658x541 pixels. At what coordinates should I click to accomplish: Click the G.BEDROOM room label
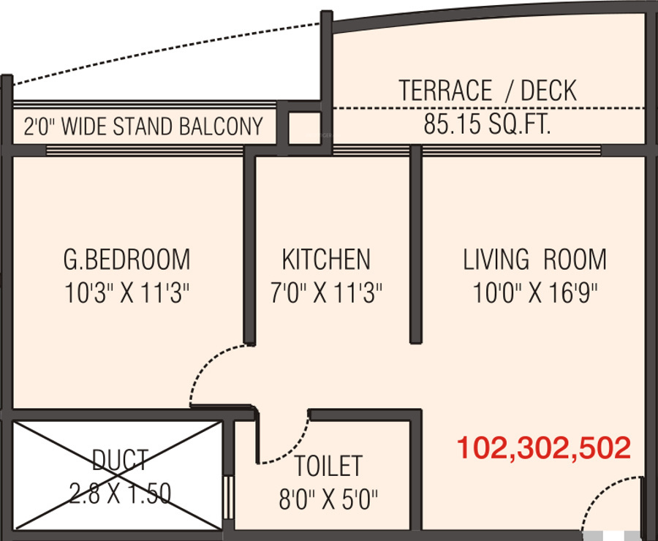coord(127,260)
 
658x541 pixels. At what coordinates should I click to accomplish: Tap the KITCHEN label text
coord(326,260)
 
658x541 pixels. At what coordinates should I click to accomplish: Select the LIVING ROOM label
coord(534,260)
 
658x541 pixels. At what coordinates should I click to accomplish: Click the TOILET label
coord(328,466)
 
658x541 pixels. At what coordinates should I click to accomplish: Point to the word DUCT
coord(121,461)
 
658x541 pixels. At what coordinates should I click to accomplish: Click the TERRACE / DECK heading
coord(487,91)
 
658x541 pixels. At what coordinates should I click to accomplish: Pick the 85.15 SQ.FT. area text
coord(487,124)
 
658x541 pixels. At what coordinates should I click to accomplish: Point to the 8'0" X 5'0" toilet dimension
coord(328,502)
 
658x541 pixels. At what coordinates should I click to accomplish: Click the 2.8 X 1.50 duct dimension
coord(120,495)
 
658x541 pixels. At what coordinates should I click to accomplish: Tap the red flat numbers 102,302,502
coord(543,447)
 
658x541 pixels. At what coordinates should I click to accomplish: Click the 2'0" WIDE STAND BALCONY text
coord(143,127)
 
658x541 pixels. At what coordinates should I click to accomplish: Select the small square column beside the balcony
coord(304,127)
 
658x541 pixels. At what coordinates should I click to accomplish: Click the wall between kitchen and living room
coord(415,245)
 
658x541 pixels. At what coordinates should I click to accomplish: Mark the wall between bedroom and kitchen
coord(249,245)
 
